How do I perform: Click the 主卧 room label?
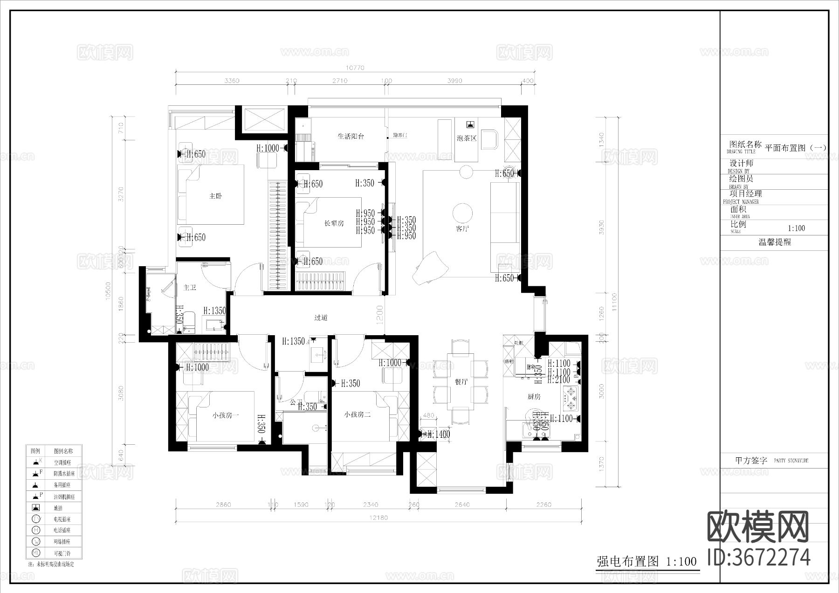point(215,196)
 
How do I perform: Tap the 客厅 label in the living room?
point(462,229)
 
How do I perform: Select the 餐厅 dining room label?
point(461,382)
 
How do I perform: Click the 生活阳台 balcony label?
point(351,137)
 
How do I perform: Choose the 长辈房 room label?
point(334,223)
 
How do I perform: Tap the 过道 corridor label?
point(321,318)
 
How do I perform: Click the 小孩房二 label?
point(357,414)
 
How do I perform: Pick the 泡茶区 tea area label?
point(467,138)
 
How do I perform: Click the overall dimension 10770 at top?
point(356,68)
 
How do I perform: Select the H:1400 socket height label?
point(439,434)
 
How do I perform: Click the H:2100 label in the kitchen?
point(559,380)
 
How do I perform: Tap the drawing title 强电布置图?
point(628,561)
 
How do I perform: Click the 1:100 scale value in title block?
point(796,228)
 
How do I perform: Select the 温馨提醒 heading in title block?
point(774,242)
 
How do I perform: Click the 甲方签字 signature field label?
point(751,461)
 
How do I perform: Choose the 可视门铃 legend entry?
point(62,553)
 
